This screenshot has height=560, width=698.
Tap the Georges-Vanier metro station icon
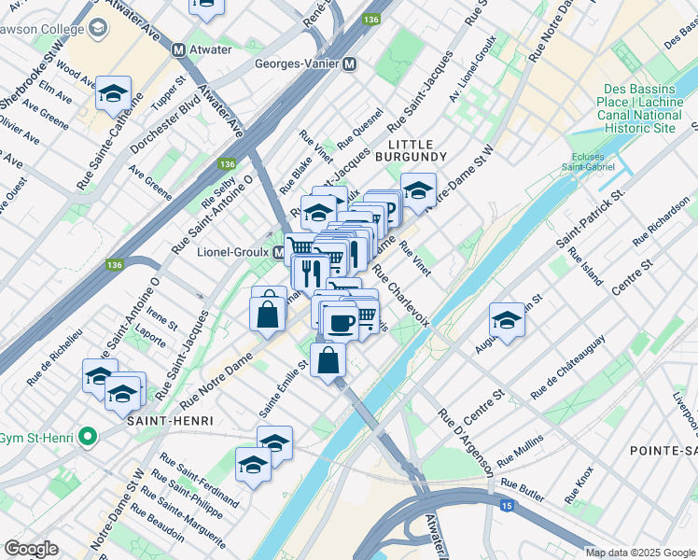(x=350, y=64)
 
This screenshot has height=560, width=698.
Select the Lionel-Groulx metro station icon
(x=278, y=253)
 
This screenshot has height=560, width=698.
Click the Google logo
(x=32, y=548)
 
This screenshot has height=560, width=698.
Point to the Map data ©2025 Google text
(x=639, y=553)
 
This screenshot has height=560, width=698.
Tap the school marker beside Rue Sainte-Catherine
(x=113, y=93)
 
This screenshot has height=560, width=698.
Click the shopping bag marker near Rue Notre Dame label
(x=268, y=312)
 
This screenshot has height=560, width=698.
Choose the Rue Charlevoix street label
(x=401, y=296)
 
